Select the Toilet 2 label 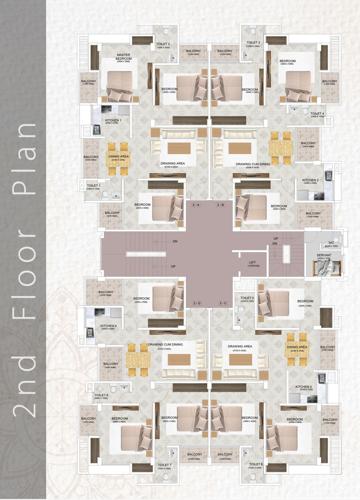254,44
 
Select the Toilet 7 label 165,465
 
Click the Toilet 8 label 255,465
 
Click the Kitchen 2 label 310,181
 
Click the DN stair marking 174,242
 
